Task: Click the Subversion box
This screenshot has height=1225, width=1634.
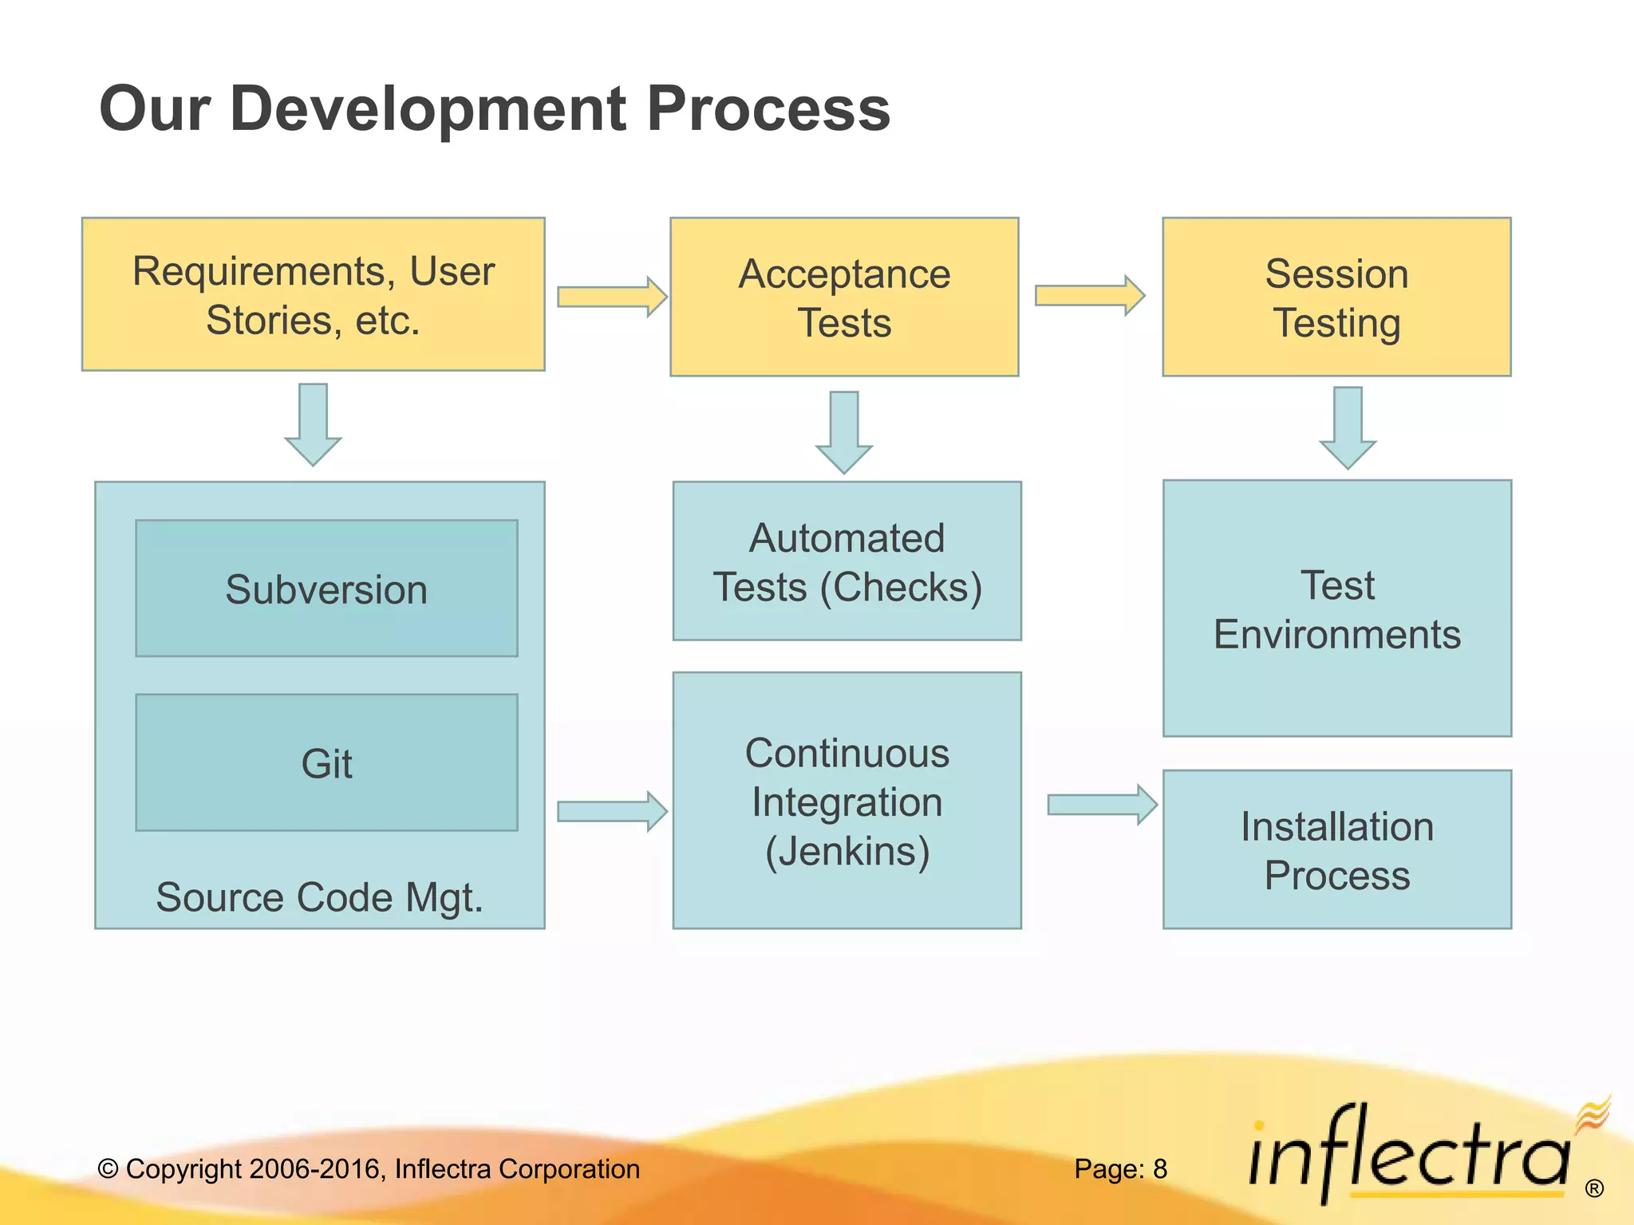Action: tap(326, 589)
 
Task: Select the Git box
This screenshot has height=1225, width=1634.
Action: tap(326, 762)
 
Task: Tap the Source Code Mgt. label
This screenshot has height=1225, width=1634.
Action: tap(319, 897)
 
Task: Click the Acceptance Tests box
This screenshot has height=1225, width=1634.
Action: tap(844, 297)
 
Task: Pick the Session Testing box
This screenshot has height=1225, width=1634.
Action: tap(1336, 297)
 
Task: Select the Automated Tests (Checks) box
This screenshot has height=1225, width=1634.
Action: tap(847, 561)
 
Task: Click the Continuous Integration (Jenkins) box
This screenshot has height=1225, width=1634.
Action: tap(847, 800)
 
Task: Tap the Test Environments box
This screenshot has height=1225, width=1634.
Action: tap(1336, 609)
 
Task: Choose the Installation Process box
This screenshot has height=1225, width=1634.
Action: tap(1336, 849)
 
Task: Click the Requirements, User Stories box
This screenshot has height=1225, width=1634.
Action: tap(313, 294)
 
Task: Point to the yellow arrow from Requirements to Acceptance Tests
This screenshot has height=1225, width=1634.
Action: tap(611, 297)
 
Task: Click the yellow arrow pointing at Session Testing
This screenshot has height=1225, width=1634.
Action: tap(1089, 296)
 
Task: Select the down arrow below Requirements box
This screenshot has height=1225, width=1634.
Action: tap(313, 424)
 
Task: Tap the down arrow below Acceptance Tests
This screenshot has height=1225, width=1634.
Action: tap(843, 432)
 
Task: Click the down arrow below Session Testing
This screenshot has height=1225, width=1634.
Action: tap(1347, 427)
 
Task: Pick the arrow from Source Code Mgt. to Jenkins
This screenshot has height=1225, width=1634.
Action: tap(611, 812)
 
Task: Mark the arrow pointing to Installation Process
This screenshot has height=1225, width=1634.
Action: tap(1101, 805)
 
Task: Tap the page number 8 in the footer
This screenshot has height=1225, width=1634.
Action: tap(1159, 1169)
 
